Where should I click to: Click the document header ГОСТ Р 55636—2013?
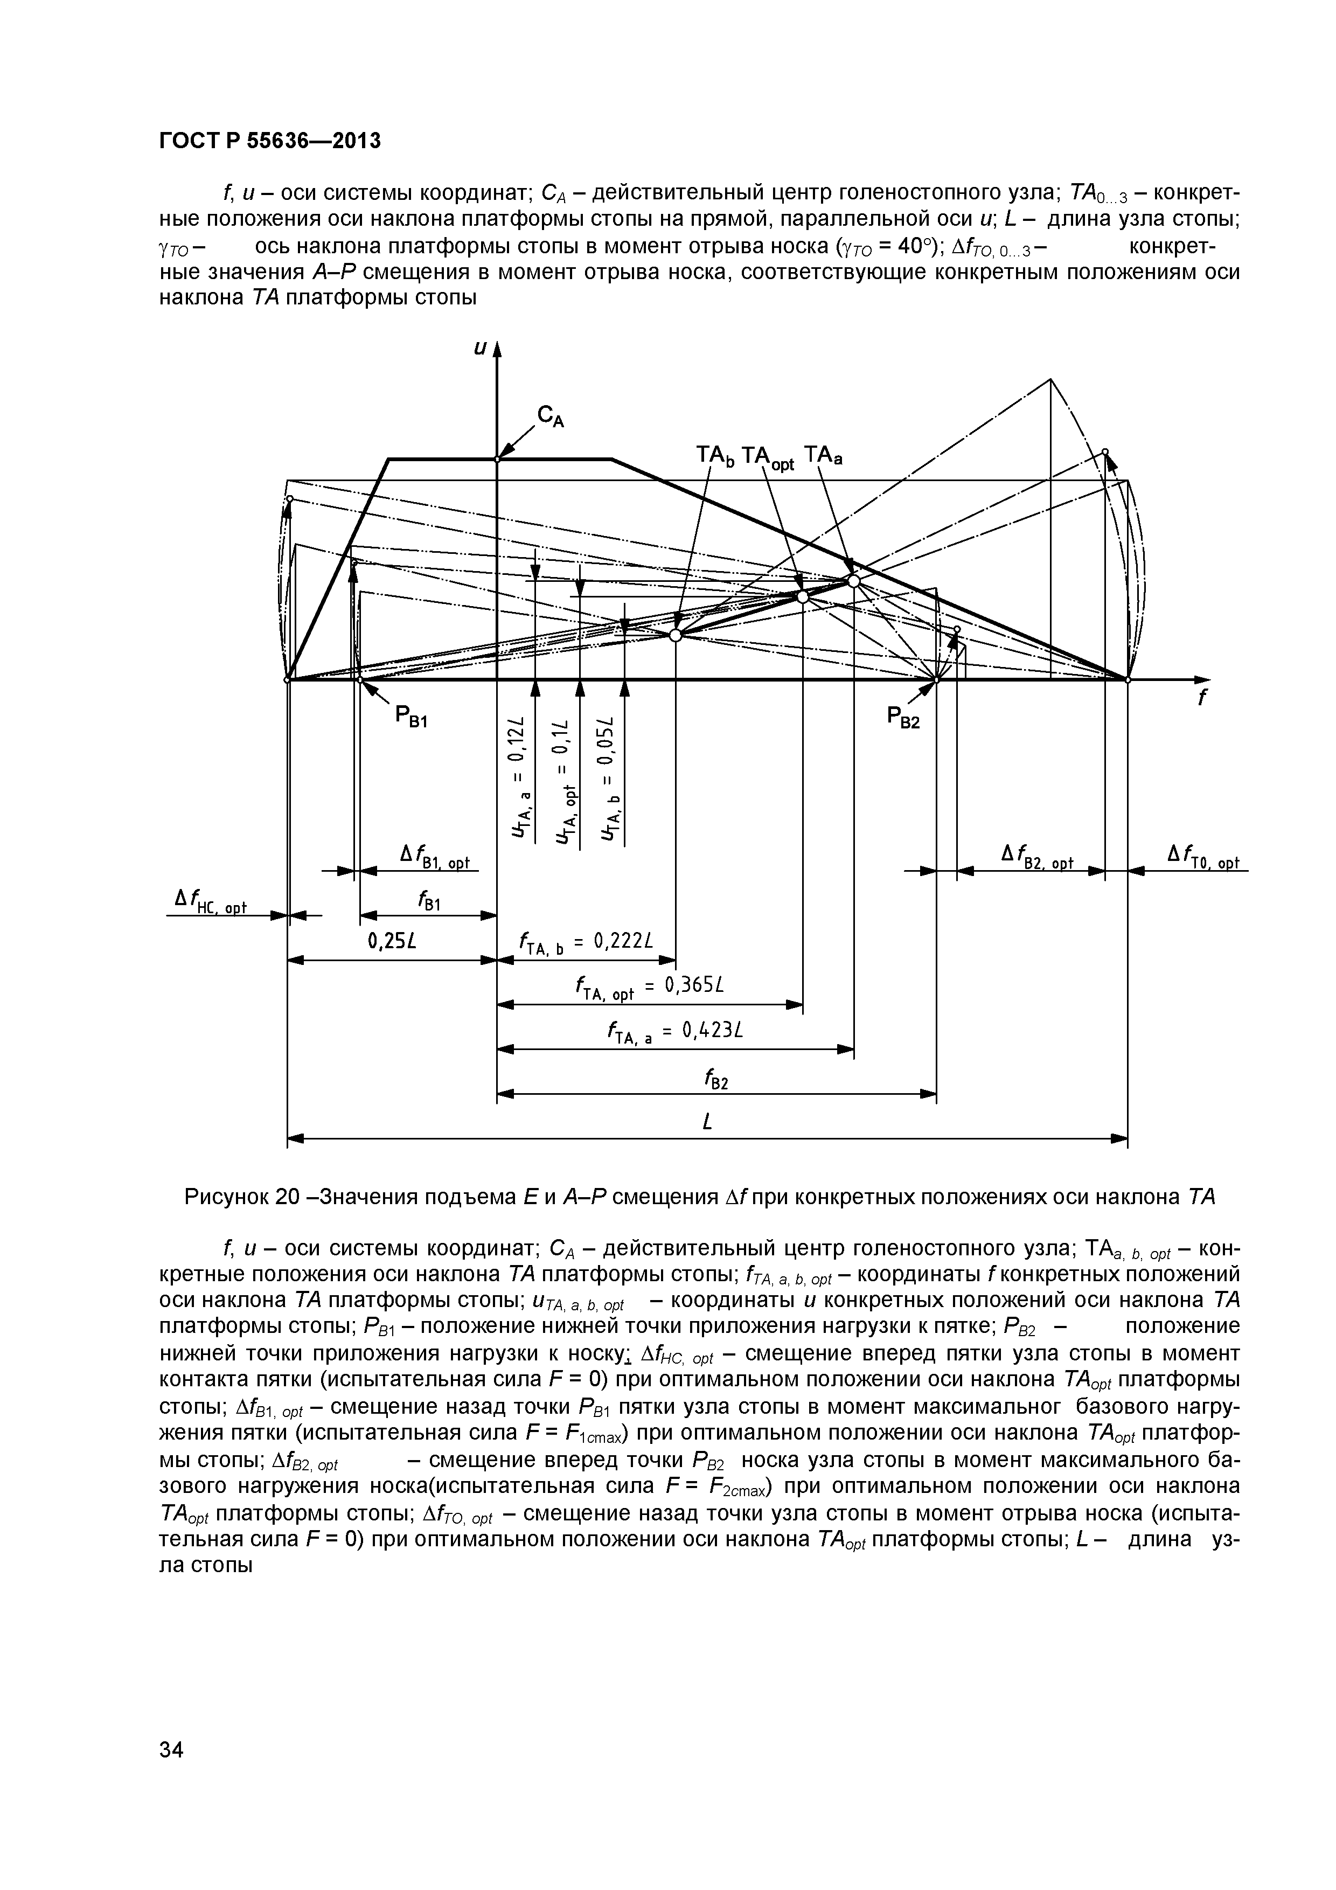(269, 141)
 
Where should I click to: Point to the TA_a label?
(824, 455)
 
